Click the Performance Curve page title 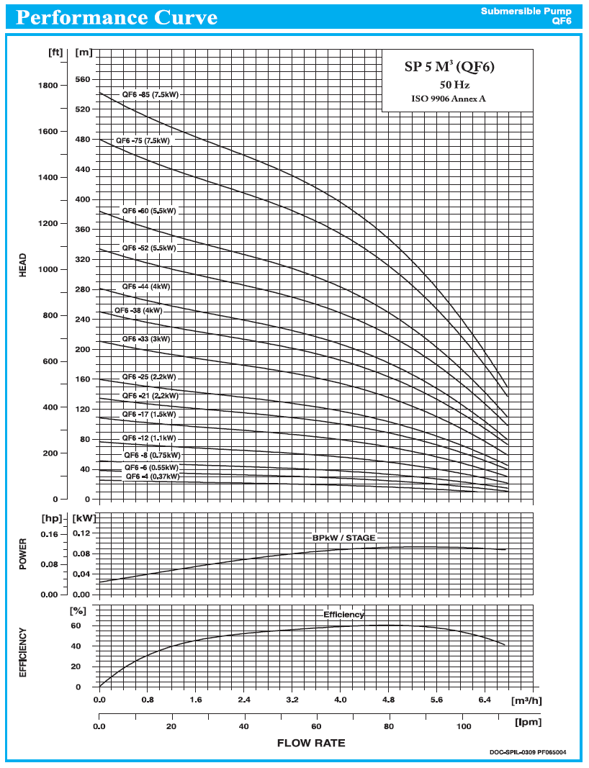click(117, 17)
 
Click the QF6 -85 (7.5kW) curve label click(150, 95)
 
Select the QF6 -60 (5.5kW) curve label click(148, 211)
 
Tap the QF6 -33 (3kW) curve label click(146, 338)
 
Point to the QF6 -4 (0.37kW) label click(152, 476)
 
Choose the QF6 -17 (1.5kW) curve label click(148, 415)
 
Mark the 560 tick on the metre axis click(84, 80)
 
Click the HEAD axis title click(23, 265)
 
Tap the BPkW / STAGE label click(343, 538)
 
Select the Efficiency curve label click(343, 615)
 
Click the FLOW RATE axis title click(311, 743)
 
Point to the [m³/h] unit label click(526, 700)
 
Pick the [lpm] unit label click(528, 721)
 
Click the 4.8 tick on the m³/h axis click(389, 700)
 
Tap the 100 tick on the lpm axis click(464, 726)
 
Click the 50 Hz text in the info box click(454, 85)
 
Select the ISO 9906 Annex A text click(448, 99)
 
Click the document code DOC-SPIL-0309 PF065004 click(528, 753)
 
